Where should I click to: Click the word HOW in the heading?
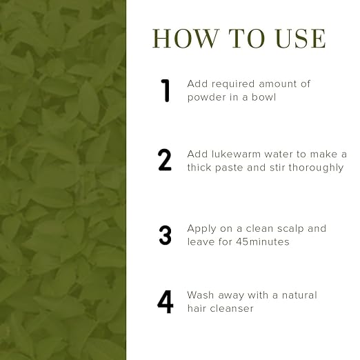pyautogui.click(x=186, y=39)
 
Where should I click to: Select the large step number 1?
pyautogui.click(x=166, y=90)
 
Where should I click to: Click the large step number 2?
pyautogui.click(x=165, y=160)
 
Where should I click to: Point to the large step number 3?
pyautogui.click(x=165, y=235)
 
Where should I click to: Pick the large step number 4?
pyautogui.click(x=165, y=302)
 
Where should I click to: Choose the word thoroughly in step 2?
pyautogui.click(x=316, y=168)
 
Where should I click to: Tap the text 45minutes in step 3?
pyautogui.click(x=263, y=242)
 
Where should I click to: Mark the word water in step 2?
pyautogui.click(x=278, y=154)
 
